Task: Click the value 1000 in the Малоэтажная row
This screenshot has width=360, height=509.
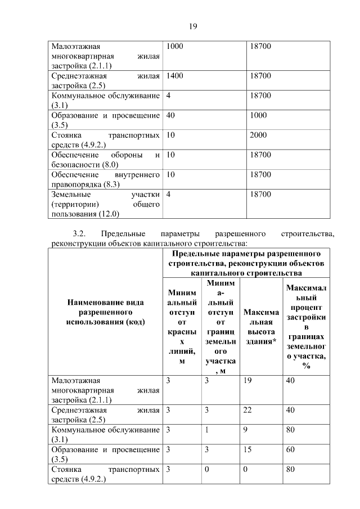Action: (x=175, y=46)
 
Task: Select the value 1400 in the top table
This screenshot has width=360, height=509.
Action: (x=175, y=76)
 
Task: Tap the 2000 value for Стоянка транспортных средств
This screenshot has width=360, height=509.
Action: (x=258, y=136)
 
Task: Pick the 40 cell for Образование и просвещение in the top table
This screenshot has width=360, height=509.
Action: (x=171, y=115)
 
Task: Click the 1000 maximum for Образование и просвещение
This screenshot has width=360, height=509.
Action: (x=258, y=115)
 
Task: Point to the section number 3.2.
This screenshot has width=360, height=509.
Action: (x=78, y=233)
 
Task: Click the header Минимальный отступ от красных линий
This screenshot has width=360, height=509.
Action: (x=182, y=326)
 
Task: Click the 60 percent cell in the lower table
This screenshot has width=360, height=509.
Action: (x=291, y=450)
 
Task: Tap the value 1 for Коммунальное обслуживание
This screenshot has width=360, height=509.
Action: (x=207, y=430)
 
